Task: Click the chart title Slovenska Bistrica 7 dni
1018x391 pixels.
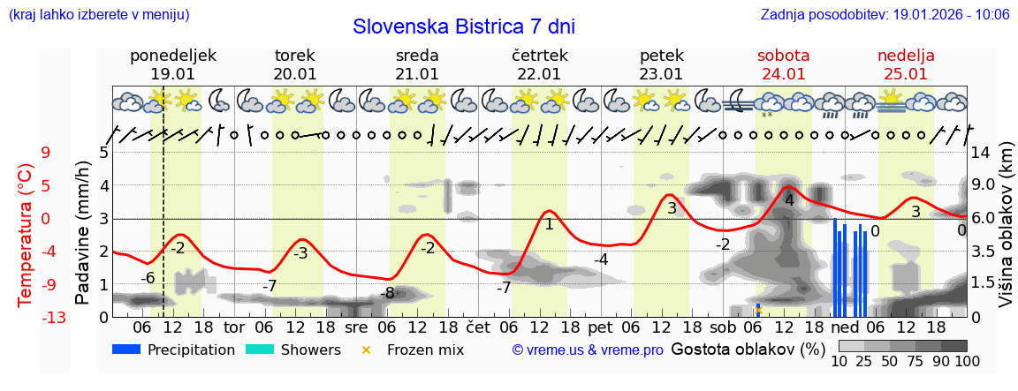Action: coord(463,26)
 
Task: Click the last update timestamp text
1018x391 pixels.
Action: coord(885,15)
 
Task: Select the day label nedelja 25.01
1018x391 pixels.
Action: coord(906,64)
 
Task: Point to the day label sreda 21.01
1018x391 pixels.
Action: coord(417,64)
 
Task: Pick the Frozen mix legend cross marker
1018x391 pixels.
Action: coord(366,350)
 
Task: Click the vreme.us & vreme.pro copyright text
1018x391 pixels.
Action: coord(588,350)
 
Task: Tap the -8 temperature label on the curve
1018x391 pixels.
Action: coord(387,293)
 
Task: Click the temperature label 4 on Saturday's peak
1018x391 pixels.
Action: coord(789,200)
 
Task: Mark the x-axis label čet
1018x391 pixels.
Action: coord(477,327)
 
